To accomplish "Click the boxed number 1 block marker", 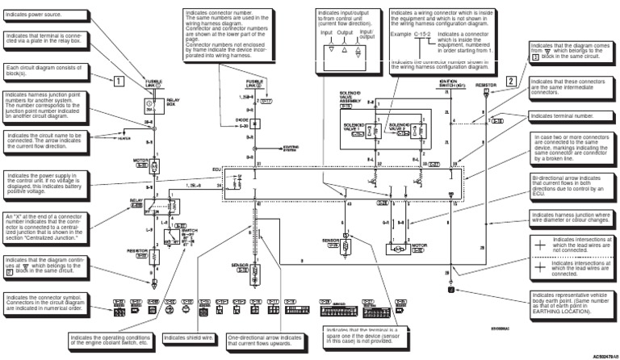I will [x=118, y=80].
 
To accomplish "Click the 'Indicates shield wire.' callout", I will [x=191, y=337].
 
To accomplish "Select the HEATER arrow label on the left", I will [x=121, y=138].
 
